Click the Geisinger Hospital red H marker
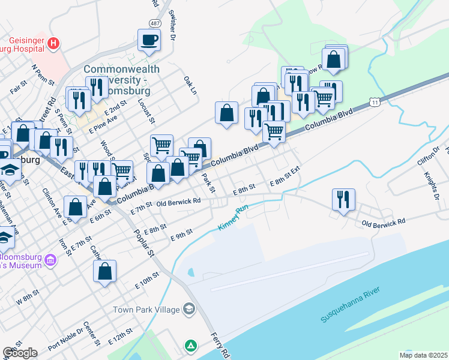click(54, 43)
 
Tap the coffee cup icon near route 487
click(149, 40)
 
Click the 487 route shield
click(155, 23)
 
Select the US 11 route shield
click(375, 103)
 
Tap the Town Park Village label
click(146, 310)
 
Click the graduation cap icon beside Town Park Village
click(190, 309)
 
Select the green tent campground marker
click(191, 346)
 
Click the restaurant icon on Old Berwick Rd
click(343, 199)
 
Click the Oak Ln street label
click(190, 85)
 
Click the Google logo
click(20, 352)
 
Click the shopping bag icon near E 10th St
click(104, 271)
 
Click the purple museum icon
click(50, 260)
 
